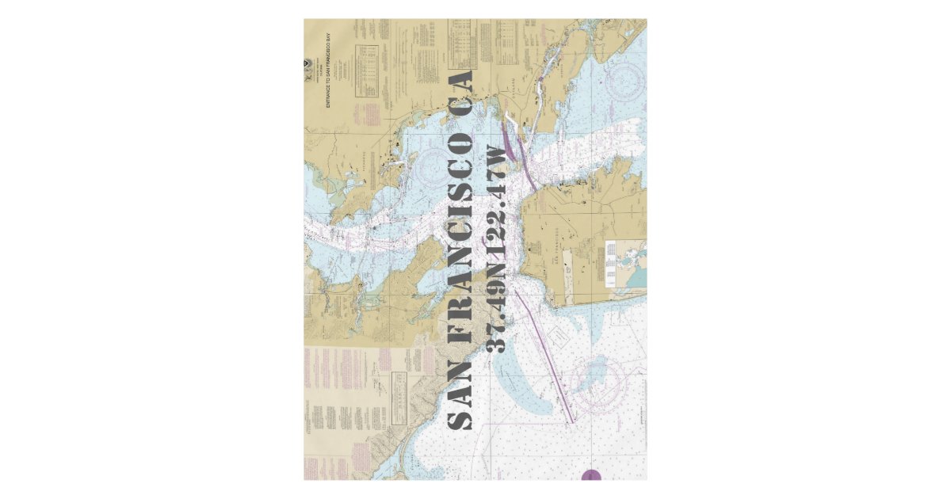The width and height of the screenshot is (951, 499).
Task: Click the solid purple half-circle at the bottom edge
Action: [591, 475]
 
